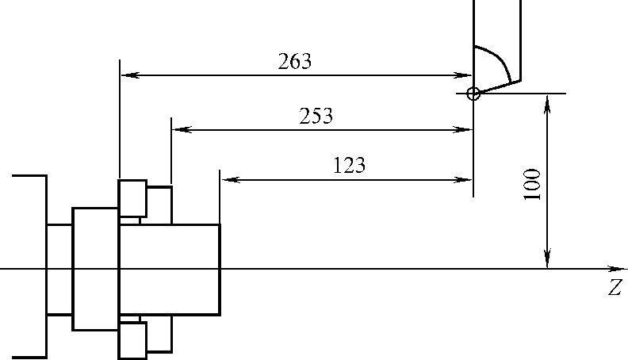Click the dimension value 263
[x=295, y=62]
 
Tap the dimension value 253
[x=316, y=116]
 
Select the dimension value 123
[x=349, y=165]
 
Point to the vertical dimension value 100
[x=533, y=184]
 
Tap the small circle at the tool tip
[x=473, y=94]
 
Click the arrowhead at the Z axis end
[x=618, y=269]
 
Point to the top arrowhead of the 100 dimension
[x=547, y=99]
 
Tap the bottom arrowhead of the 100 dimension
[x=547, y=262]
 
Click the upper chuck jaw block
[x=132, y=197]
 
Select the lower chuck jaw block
[x=132, y=339]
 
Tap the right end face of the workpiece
[x=220, y=269]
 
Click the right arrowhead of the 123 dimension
[x=467, y=180]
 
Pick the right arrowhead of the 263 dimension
[x=467, y=75]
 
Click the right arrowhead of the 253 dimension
[x=467, y=129]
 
